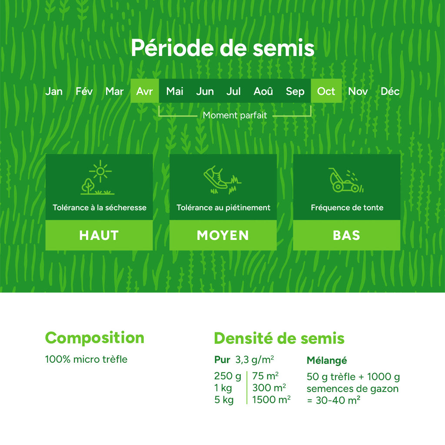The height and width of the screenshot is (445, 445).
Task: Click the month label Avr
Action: click(x=145, y=91)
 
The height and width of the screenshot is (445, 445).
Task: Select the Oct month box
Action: click(x=326, y=91)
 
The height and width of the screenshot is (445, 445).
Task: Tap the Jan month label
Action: click(x=54, y=91)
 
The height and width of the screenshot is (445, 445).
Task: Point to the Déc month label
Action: click(x=390, y=91)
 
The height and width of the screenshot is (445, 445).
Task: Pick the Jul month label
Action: click(x=233, y=91)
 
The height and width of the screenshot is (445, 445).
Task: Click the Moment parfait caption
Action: click(x=235, y=116)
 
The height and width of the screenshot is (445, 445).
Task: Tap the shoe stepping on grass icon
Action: click(x=222, y=179)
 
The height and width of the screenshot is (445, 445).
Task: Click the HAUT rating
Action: click(x=99, y=235)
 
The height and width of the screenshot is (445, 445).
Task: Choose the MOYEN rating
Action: click(x=223, y=235)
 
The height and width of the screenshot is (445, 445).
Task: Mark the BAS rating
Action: click(x=346, y=235)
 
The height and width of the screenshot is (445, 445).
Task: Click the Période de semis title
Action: click(x=222, y=48)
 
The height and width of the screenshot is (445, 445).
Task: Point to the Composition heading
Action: click(x=95, y=338)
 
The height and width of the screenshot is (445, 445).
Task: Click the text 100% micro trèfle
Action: click(x=86, y=359)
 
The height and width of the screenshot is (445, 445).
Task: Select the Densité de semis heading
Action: click(x=279, y=339)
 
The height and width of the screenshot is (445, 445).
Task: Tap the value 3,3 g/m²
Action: click(x=255, y=360)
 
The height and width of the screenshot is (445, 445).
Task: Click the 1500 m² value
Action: click(x=271, y=399)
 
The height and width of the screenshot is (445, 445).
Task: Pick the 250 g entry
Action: click(x=227, y=376)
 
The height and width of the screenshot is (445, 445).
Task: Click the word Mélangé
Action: click(x=327, y=360)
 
